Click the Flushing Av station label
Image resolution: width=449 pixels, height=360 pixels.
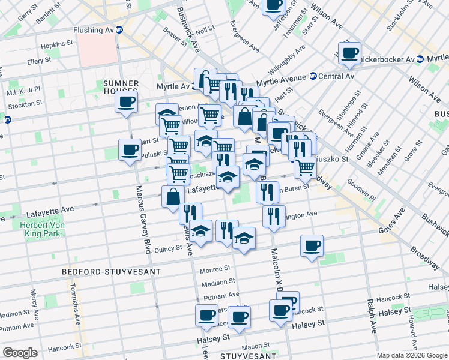(93, 29)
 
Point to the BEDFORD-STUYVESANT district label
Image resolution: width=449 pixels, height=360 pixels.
(112, 272)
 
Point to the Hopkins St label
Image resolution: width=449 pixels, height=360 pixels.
(58, 46)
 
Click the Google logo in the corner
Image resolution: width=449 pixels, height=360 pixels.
(20, 353)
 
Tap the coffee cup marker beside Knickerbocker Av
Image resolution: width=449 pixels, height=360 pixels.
(349, 53)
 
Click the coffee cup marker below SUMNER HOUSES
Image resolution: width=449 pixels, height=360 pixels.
(126, 102)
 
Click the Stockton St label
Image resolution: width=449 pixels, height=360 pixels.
(25, 103)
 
